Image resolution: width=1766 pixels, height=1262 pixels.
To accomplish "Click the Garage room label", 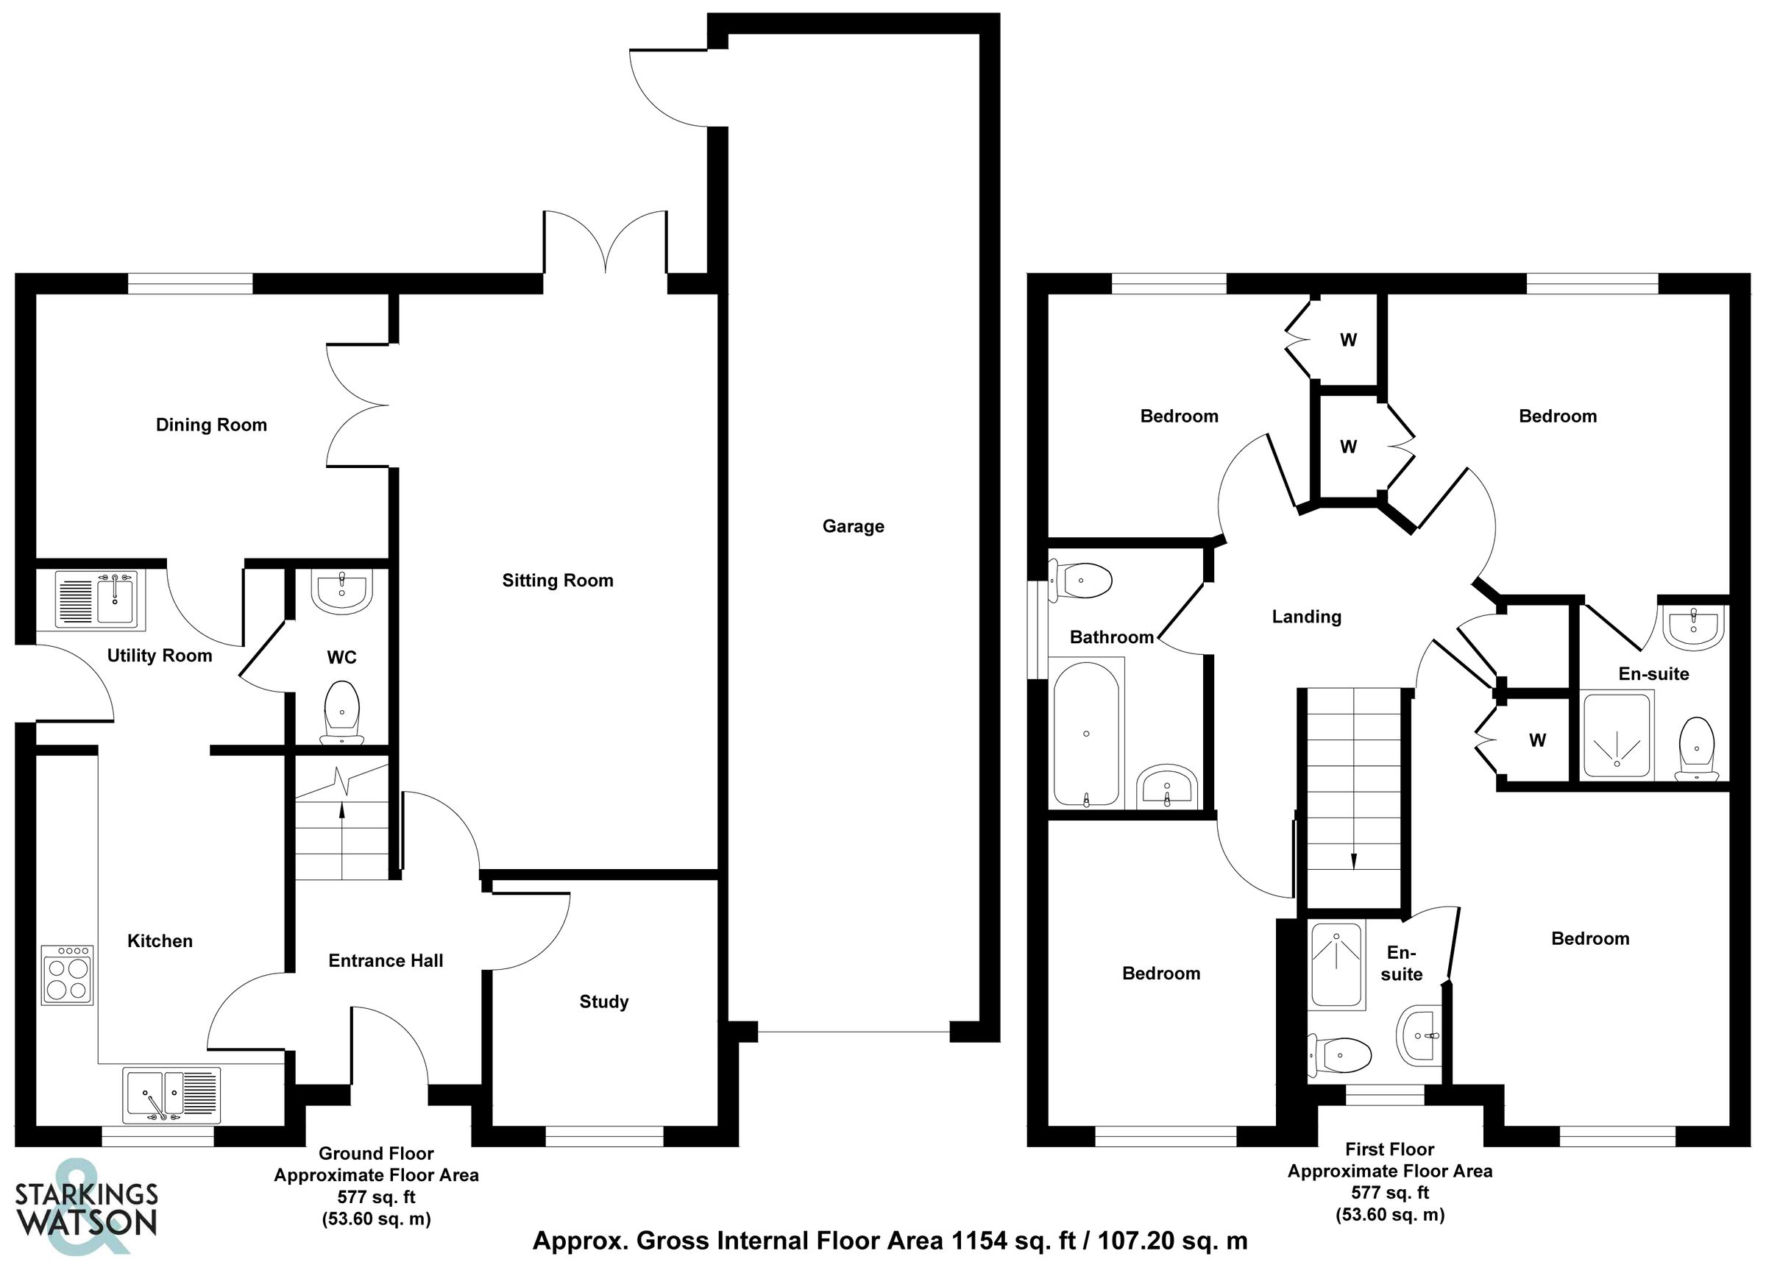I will [853, 527].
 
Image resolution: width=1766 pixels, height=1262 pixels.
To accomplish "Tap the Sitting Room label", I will [557, 581].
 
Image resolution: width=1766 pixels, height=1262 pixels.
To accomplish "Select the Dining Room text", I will [211, 425].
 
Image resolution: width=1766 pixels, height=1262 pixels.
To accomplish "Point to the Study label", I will [603, 1002].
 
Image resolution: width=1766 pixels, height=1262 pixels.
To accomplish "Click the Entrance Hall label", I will [386, 960].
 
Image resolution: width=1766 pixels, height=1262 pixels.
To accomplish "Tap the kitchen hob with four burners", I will [68, 975].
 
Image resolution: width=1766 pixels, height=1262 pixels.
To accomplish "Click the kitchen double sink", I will [171, 1095].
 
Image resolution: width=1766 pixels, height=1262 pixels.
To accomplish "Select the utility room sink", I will [96, 599].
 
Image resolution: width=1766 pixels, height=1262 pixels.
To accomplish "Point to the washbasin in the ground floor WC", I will [342, 592].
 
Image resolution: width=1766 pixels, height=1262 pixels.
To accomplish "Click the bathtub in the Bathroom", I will [1086, 734].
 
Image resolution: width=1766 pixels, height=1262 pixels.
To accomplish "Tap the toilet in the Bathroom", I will [1082, 580].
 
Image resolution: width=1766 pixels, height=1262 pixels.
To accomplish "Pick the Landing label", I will [1306, 617].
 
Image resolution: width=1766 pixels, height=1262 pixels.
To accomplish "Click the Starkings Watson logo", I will [85, 1208].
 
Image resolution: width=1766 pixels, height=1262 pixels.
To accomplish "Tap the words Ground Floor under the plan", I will [376, 1154].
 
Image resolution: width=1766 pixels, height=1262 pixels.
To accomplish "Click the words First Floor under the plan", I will [1390, 1149].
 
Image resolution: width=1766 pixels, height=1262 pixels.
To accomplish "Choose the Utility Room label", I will [159, 656].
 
